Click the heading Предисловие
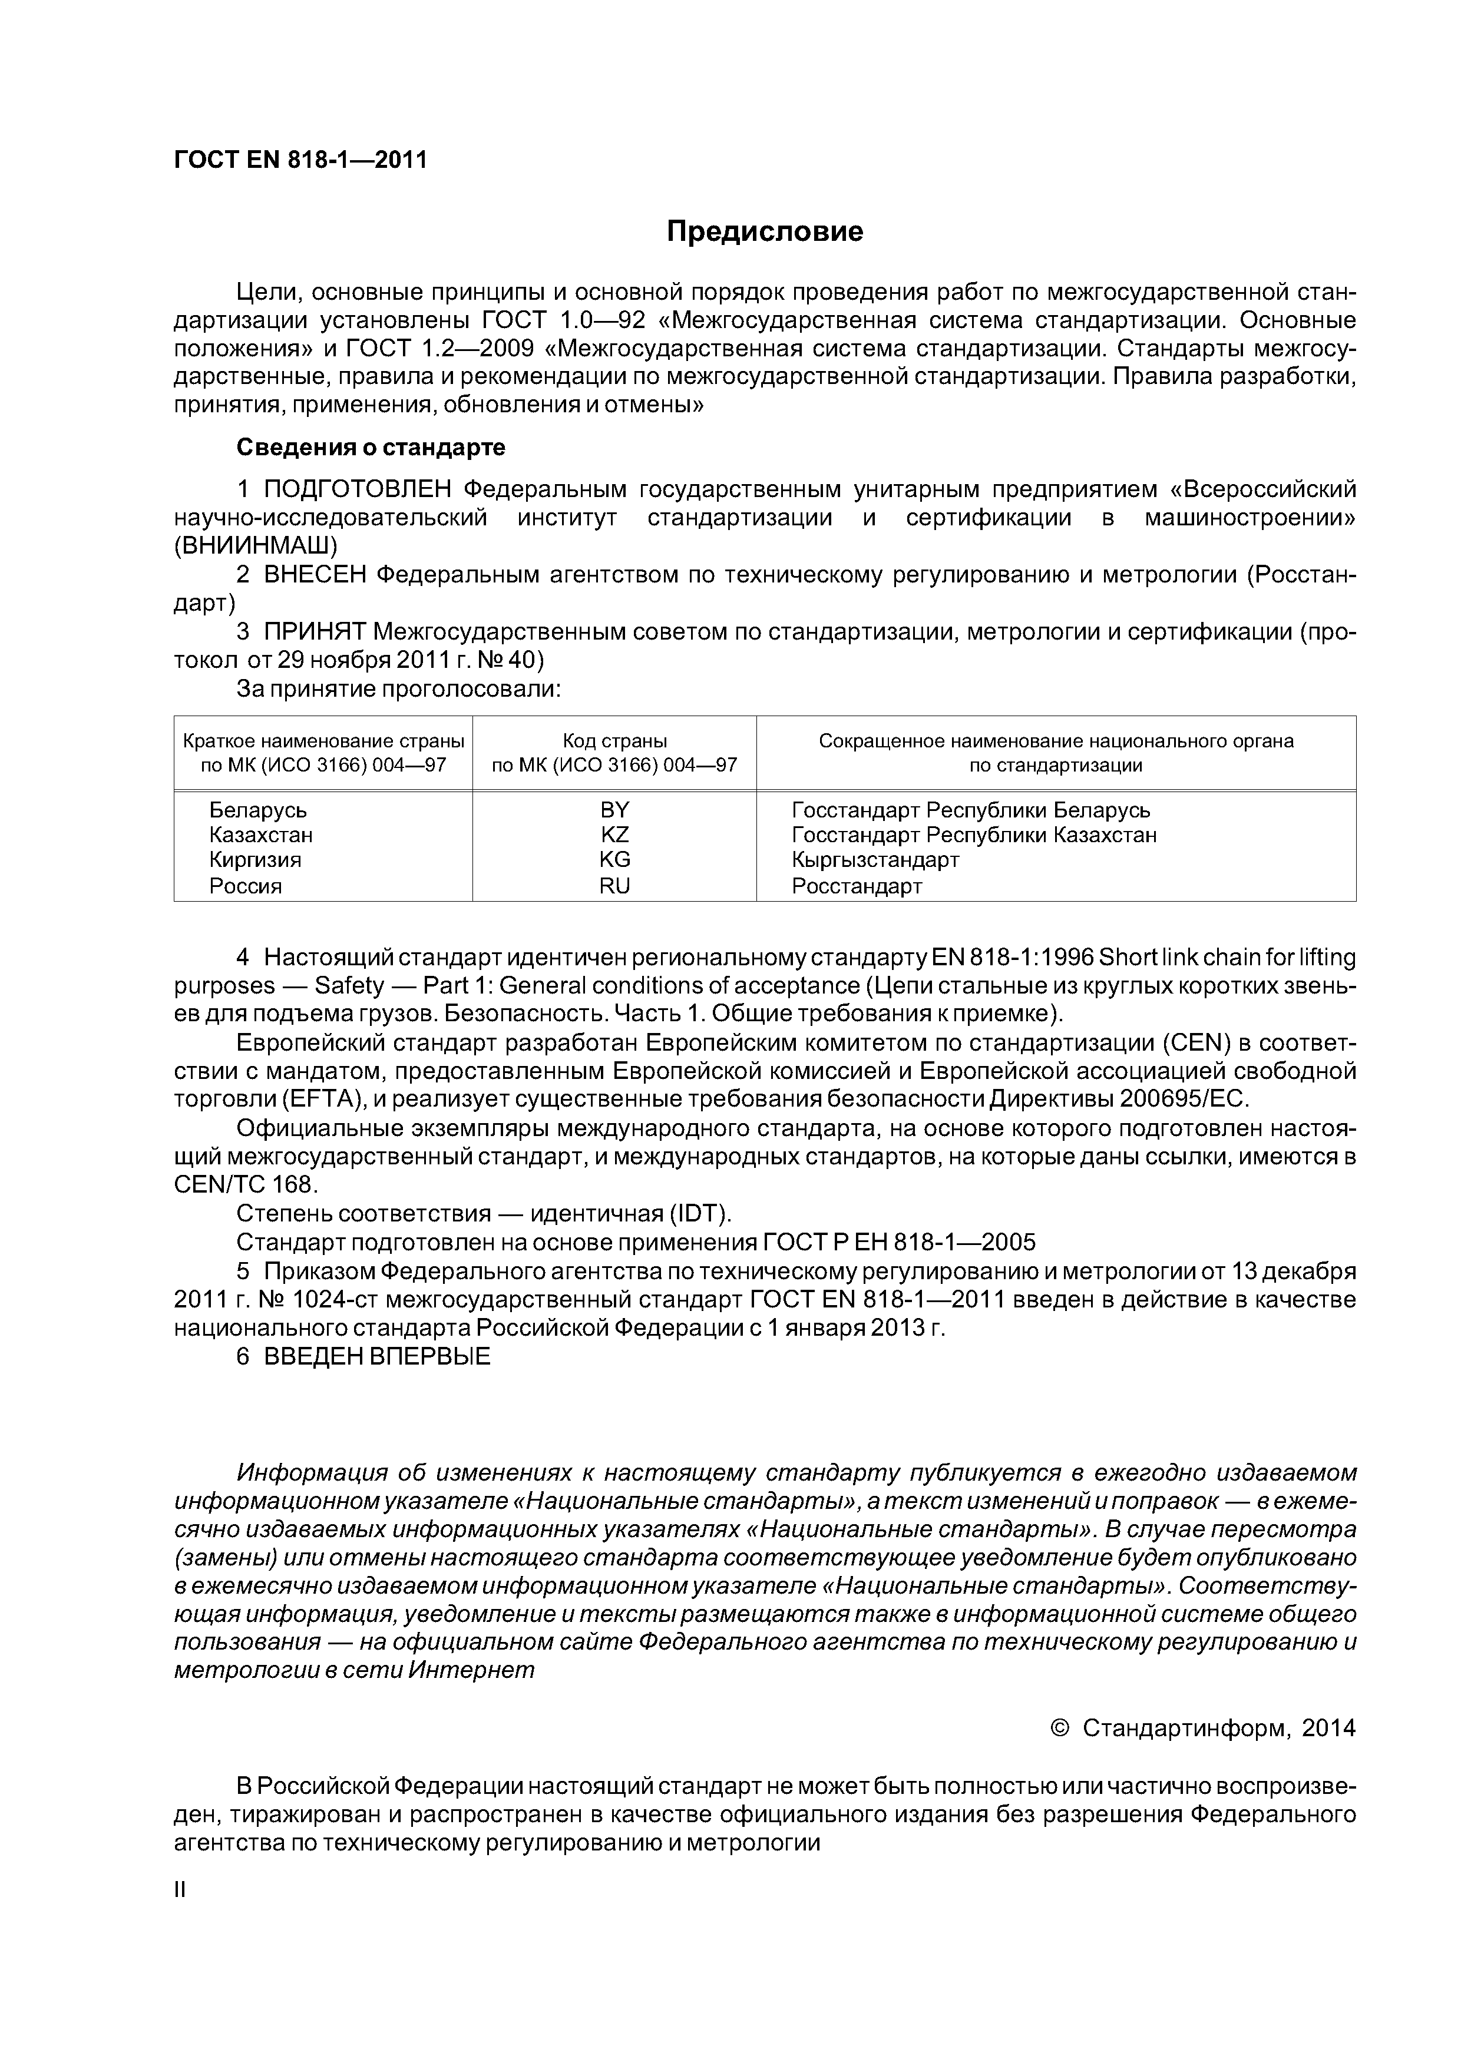(x=764, y=232)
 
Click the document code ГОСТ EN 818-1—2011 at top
(x=300, y=160)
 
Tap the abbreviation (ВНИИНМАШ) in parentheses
(x=256, y=545)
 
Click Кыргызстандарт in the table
(x=875, y=859)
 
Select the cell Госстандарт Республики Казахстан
(x=974, y=834)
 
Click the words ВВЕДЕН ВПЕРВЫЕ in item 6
(x=377, y=1356)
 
